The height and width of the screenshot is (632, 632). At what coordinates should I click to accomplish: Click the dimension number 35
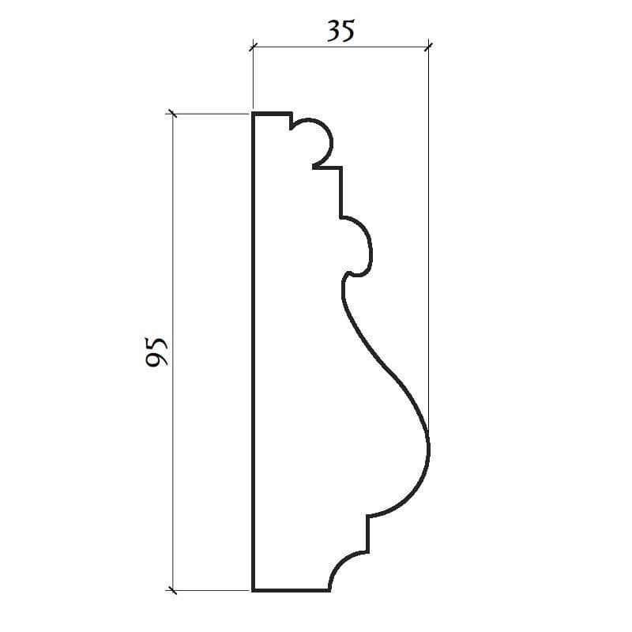(340, 31)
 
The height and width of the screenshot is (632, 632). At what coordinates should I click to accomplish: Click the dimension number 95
(156, 352)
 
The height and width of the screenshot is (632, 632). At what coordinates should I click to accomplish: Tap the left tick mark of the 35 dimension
(253, 47)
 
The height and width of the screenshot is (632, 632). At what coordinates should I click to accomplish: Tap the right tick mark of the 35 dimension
(428, 47)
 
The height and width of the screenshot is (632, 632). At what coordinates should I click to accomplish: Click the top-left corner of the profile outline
(253, 112)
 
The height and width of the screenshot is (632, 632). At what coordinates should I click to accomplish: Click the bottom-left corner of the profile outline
(253, 590)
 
